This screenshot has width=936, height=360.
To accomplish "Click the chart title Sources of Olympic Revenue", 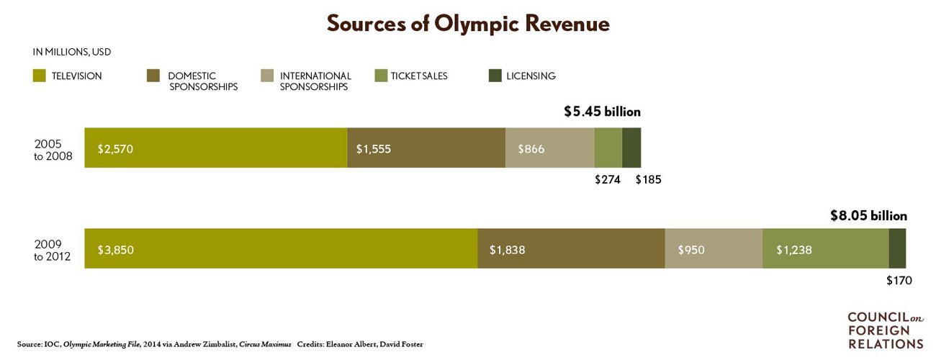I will [468, 24].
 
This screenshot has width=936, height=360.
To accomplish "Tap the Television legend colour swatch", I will [40, 76].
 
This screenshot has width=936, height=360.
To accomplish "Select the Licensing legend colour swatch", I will [495, 76].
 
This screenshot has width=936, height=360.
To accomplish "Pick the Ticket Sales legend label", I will [419, 76].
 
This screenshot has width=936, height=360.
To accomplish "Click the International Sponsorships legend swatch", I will [267, 76].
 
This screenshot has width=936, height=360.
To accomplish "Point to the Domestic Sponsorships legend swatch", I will [153, 76].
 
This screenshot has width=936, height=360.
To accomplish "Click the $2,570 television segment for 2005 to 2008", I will [215, 148].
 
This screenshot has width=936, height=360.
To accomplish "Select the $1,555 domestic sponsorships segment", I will [426, 148].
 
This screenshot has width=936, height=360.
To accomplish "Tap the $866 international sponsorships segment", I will [549, 148].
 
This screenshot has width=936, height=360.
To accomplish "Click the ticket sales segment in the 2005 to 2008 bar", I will [608, 148].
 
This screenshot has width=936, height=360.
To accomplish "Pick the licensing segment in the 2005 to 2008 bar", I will [631, 148].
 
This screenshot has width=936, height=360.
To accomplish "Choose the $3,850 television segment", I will [281, 249].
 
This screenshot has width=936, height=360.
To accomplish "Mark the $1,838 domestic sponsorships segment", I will [571, 249].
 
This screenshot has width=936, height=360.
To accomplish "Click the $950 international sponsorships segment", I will [714, 249].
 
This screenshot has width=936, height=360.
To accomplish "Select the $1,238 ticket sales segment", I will [826, 249].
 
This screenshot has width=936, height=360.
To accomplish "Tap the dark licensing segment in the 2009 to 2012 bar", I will [897, 249].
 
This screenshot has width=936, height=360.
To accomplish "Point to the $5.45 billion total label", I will [602, 112].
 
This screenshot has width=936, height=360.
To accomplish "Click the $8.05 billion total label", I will [868, 215].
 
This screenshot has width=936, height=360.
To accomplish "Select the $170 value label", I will [899, 281].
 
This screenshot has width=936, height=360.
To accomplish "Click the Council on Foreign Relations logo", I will [885, 330].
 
